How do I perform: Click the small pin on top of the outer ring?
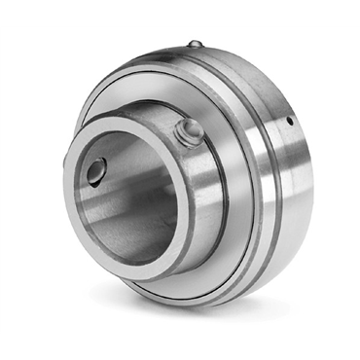(x=195, y=44)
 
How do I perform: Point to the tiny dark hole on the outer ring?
(x=289, y=123)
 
